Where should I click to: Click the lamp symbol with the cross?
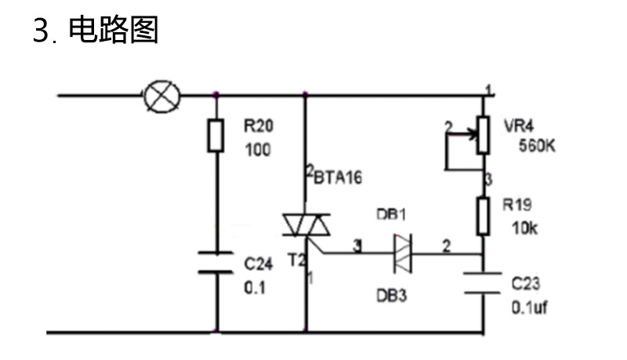click(162, 96)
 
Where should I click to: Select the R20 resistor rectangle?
click(216, 135)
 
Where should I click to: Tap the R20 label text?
click(259, 126)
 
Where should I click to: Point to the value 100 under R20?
click(258, 150)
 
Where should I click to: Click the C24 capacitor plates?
click(216, 263)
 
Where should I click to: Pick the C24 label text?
click(259, 264)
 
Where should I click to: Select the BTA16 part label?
click(338, 177)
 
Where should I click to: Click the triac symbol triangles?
click(306, 225)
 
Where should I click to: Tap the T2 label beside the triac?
click(297, 260)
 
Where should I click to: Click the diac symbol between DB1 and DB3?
click(403, 253)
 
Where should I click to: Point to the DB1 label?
click(391, 215)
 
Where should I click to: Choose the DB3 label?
click(391, 296)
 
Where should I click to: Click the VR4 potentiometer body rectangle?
click(483, 135)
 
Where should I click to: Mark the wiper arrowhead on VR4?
click(474, 134)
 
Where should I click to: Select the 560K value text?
click(537, 146)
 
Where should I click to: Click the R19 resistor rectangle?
click(483, 216)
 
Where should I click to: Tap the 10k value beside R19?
click(524, 228)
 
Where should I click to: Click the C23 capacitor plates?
click(483, 283)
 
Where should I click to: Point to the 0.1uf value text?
click(530, 307)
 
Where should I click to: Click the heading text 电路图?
click(114, 30)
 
